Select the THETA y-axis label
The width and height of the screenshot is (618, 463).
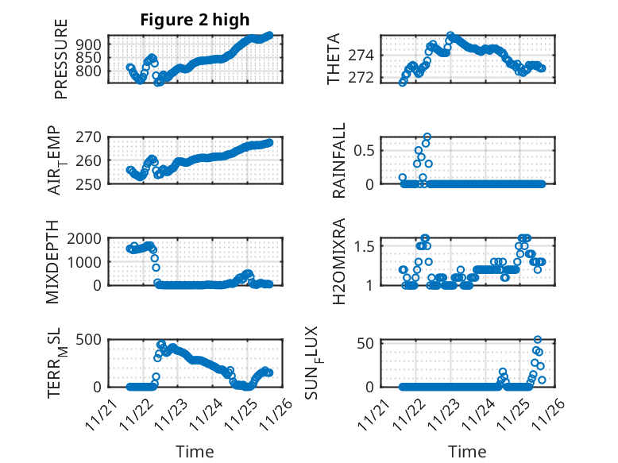pos(334,59)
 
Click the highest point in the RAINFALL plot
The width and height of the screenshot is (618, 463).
pos(427,137)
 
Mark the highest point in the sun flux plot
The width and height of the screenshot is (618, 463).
pos(538,340)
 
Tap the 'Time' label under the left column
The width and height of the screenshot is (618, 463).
pos(195,451)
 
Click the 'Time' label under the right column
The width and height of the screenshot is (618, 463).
pos(467,451)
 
